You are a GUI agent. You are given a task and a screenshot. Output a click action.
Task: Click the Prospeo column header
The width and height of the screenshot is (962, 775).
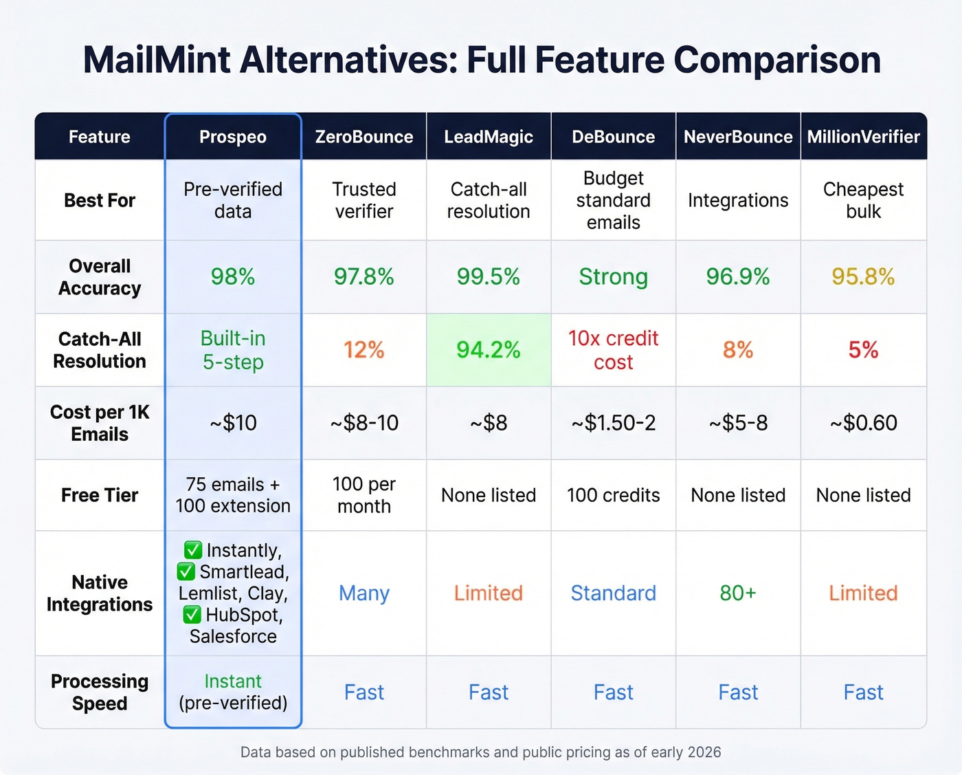coord(233,137)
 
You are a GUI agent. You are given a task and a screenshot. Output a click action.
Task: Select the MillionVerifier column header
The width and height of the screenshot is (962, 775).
coord(863,137)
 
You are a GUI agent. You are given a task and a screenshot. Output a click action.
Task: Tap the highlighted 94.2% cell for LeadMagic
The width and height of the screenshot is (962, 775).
coord(489,350)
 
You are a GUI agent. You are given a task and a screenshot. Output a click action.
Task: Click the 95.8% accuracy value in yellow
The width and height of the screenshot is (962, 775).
coord(863,276)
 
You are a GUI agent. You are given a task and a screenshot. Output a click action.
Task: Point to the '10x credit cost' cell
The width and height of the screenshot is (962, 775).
coord(613,350)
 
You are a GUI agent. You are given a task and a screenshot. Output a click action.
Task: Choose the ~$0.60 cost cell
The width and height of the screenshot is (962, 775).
coord(863,423)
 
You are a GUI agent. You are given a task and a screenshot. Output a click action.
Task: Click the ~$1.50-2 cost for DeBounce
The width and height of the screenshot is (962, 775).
coord(613,423)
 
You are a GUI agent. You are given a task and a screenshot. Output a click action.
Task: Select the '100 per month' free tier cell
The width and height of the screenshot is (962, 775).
coord(364,495)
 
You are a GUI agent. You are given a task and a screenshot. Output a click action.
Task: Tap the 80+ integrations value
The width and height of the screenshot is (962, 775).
coord(738,593)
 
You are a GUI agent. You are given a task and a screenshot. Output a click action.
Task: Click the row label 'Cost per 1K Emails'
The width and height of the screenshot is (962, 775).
coord(100,423)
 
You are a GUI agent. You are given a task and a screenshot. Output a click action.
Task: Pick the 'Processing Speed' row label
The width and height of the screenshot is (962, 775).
coord(100,692)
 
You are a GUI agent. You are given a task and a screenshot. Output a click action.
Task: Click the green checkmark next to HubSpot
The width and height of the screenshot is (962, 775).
coord(192,615)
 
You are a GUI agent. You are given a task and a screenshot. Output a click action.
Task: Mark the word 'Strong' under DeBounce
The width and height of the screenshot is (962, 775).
coord(613,276)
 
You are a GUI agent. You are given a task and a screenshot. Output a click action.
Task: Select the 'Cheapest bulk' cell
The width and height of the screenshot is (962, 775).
coord(863,200)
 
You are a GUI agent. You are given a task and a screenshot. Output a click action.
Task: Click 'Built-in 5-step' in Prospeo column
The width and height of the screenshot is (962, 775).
coord(233,350)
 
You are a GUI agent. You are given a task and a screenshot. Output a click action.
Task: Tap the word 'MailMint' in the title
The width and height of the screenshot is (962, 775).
coord(157,60)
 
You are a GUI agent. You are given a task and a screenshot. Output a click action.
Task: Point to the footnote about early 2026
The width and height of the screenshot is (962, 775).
coord(480,752)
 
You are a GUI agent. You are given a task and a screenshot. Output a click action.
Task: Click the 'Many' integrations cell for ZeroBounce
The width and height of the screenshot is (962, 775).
coord(364,593)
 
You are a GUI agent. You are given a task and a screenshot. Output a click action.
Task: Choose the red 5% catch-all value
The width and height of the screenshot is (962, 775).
coord(863,350)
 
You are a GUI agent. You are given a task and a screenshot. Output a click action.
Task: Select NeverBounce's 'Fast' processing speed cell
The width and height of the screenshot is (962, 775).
coord(738,692)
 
